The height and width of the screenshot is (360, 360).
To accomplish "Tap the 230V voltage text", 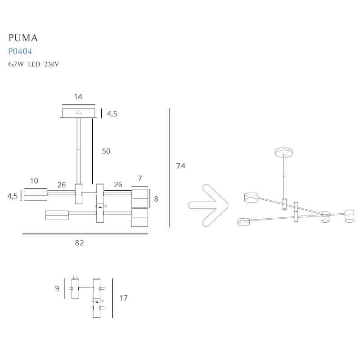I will pyautogui.click(x=52, y=64).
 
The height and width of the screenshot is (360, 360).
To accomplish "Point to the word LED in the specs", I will pyautogui.click(x=35, y=64).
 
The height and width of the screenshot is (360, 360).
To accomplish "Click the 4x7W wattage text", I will pyautogui.click(x=16, y=64).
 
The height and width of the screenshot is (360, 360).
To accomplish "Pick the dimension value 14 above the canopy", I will pyautogui.click(x=78, y=97).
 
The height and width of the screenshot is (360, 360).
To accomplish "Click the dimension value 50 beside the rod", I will pyautogui.click(x=106, y=151).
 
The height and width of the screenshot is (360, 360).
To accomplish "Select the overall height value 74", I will pyautogui.click(x=180, y=166).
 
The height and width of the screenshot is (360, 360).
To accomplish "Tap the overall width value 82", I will pyautogui.click(x=79, y=243).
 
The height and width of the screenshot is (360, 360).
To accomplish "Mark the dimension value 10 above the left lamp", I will pyautogui.click(x=34, y=181).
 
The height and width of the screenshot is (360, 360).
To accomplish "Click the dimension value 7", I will pyautogui.click(x=139, y=179).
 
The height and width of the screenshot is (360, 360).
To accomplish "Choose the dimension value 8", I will pyautogui.click(x=156, y=198).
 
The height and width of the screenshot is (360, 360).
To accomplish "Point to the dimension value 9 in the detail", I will pyautogui.click(x=57, y=288).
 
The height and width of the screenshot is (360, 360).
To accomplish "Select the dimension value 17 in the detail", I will pyautogui.click(x=123, y=297).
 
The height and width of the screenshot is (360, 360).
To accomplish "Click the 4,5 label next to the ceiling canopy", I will pyautogui.click(x=112, y=114).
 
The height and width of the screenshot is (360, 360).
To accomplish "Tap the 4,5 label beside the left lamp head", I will pyautogui.click(x=12, y=196).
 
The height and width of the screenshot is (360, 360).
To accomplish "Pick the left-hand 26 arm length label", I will pyautogui.click(x=62, y=184).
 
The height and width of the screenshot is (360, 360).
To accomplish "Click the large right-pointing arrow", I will pyautogui.click(x=208, y=205).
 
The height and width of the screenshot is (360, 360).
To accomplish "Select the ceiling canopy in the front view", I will pyautogui.click(x=78, y=113).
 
